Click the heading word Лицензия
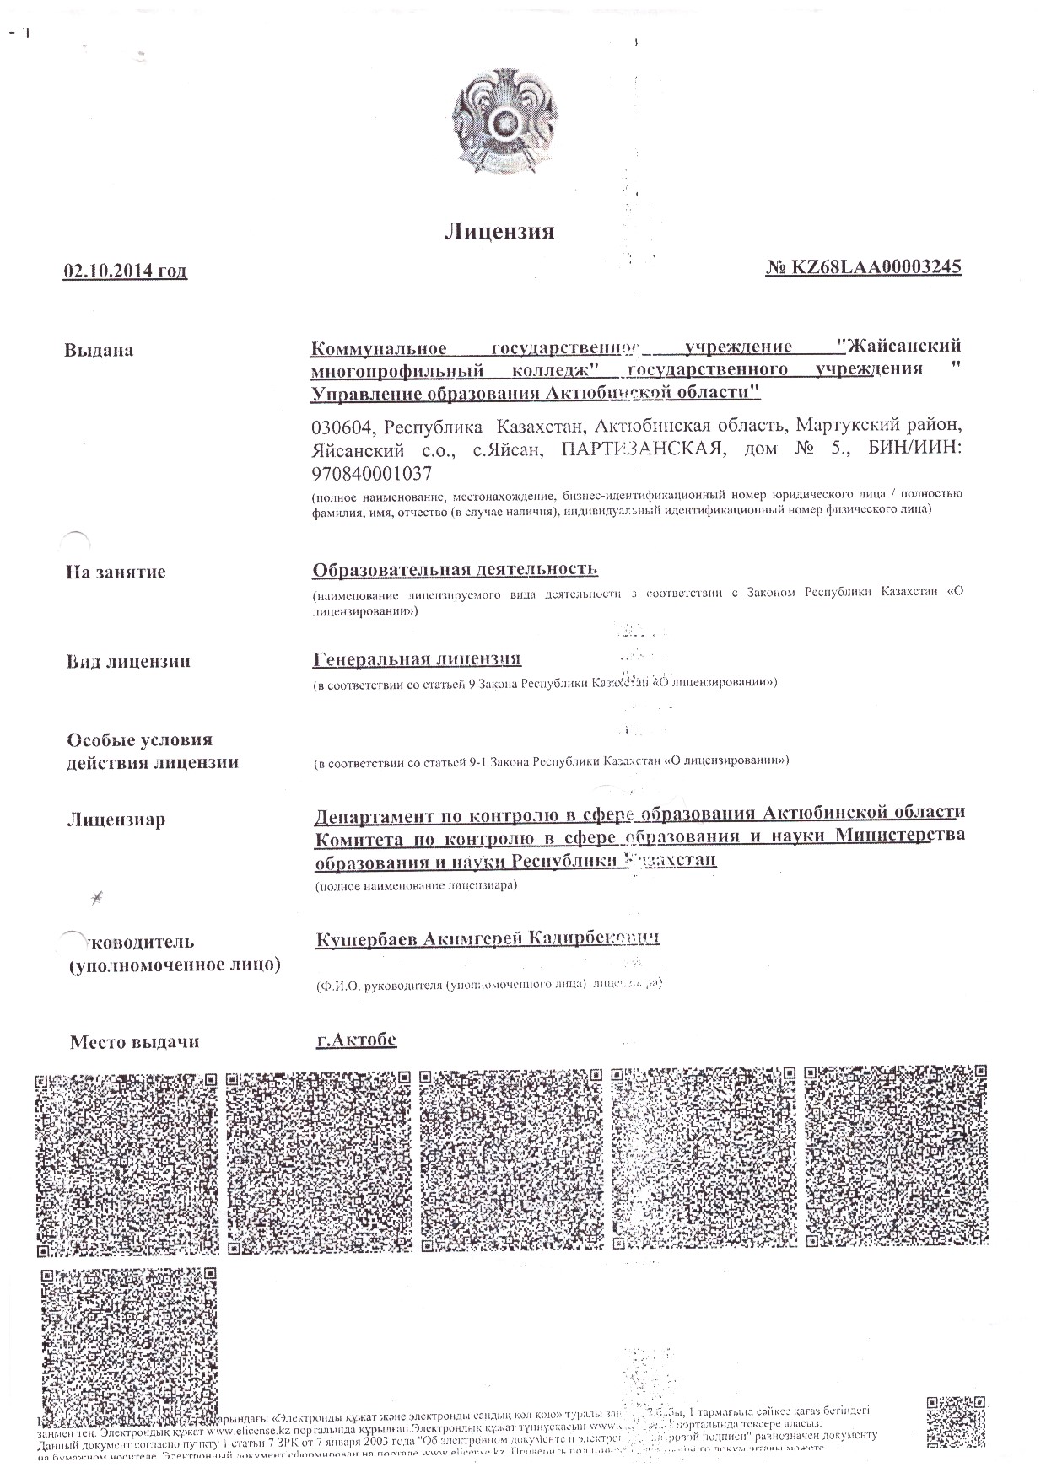click(x=499, y=231)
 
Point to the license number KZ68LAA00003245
click(x=875, y=267)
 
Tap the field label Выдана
click(x=98, y=350)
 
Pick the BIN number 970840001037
click(x=371, y=473)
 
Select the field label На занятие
click(x=116, y=572)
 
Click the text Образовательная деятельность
click(x=455, y=569)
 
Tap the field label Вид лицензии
click(x=129, y=661)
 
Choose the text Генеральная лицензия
click(x=417, y=658)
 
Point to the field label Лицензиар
click(x=116, y=819)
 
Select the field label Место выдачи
click(x=134, y=1041)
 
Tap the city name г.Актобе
click(x=355, y=1039)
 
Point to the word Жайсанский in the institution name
click(x=904, y=347)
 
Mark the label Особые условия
click(x=139, y=740)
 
